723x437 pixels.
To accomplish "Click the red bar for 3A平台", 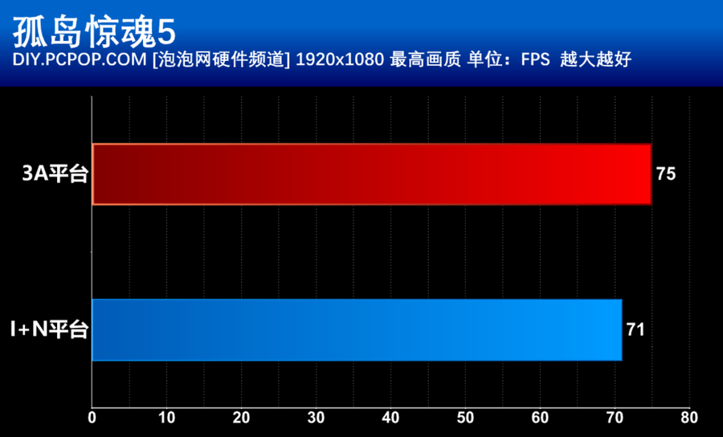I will [x=371, y=174].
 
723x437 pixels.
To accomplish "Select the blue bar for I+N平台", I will [x=357, y=330].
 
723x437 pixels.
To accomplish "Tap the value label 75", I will [x=666, y=174].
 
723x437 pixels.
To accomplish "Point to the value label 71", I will [x=636, y=329].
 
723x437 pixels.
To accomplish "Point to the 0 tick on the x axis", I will [x=92, y=419].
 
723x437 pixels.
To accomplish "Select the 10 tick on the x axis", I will [x=166, y=419].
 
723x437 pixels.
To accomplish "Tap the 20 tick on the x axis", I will [x=241, y=419].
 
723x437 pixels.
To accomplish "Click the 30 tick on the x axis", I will [x=316, y=419].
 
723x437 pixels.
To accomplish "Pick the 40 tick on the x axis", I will [x=390, y=419].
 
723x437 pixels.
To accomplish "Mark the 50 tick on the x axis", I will [x=464, y=419].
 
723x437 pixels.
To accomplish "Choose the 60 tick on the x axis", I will [x=539, y=419].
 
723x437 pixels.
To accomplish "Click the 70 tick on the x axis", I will [x=614, y=419].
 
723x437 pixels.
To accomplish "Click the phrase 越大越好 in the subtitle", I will [x=590, y=61].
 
